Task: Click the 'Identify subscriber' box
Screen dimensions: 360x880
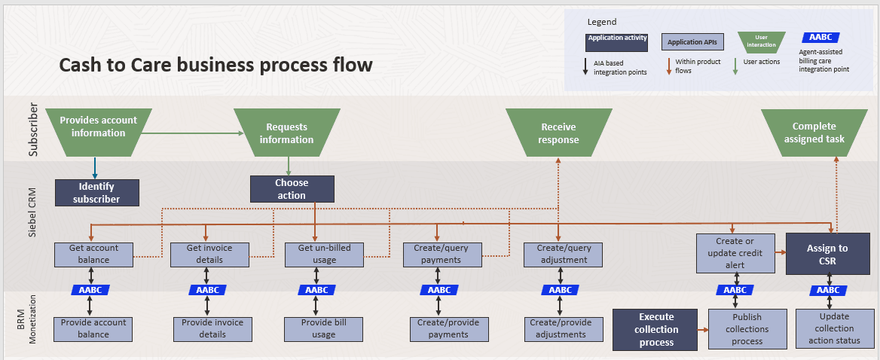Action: pyautogui.click(x=97, y=193)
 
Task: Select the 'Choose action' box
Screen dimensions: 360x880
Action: pyautogui.click(x=292, y=189)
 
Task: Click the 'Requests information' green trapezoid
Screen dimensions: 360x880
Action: pyautogui.click(x=286, y=133)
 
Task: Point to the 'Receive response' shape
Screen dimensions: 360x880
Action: pyautogui.click(x=558, y=133)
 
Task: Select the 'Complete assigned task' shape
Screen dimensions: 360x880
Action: pyautogui.click(x=814, y=133)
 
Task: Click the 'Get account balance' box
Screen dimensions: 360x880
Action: pyautogui.click(x=94, y=254)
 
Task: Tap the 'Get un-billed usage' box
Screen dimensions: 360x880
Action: pyautogui.click(x=324, y=254)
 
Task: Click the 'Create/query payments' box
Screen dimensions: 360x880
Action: pyautogui.click(x=442, y=254)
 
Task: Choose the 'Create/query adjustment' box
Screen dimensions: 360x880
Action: pyautogui.click(x=564, y=254)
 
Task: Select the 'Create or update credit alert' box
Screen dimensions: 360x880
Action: pyautogui.click(x=735, y=253)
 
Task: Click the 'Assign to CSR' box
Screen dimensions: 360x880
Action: pyautogui.click(x=827, y=254)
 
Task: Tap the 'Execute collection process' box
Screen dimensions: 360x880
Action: pyautogui.click(x=655, y=329)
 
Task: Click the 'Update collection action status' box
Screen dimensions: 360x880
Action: pyautogui.click(x=833, y=328)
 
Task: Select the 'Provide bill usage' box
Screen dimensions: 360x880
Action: pyautogui.click(x=324, y=328)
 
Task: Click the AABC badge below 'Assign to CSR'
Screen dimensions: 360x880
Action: pyautogui.click(x=828, y=290)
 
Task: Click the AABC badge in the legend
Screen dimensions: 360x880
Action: pyautogui.click(x=821, y=37)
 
